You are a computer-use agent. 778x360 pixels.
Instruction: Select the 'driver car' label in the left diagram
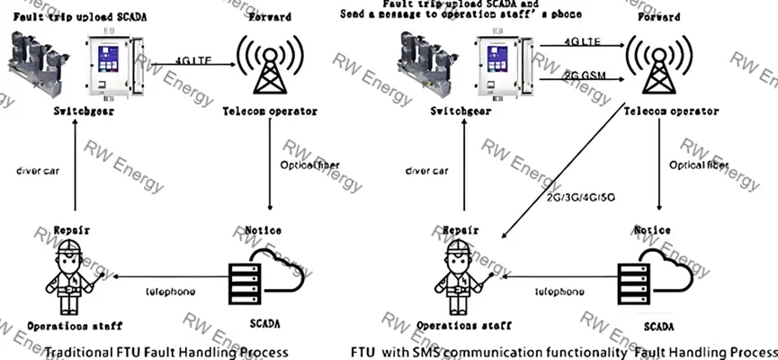tap(38, 169)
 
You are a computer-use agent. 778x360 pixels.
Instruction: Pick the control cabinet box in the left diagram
tap(116, 68)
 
